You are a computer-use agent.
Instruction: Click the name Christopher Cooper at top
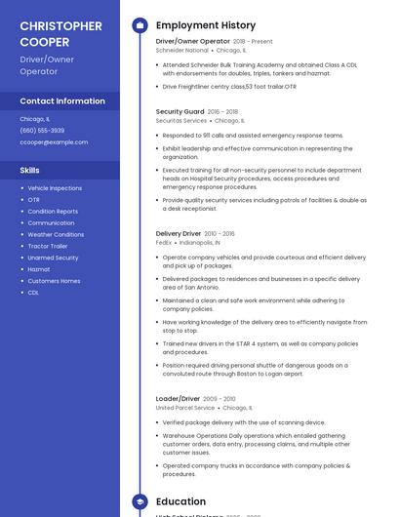[x=60, y=33]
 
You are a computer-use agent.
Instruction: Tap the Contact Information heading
[x=62, y=100]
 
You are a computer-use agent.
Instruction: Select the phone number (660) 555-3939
[x=42, y=130]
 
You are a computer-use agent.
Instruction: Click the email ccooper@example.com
[x=54, y=141]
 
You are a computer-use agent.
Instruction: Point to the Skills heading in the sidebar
[x=30, y=170]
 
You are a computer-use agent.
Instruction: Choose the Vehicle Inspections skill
[x=55, y=187]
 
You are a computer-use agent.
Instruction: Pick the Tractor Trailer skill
[x=49, y=246]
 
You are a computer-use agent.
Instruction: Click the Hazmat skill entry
[x=39, y=269]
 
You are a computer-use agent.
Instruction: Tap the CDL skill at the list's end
[x=33, y=293]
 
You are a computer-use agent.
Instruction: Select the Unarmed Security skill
[x=53, y=258]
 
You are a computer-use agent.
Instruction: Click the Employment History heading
[x=206, y=25]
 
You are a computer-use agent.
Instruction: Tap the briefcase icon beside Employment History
[x=139, y=25]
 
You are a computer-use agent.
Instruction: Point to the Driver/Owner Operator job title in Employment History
[x=192, y=42]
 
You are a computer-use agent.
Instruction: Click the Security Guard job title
[x=180, y=112]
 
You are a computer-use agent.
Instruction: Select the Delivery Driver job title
[x=179, y=234]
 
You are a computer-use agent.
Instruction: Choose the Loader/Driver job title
[x=178, y=399]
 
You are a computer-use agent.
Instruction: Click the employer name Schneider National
[x=182, y=50]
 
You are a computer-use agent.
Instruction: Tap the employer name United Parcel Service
[x=185, y=408]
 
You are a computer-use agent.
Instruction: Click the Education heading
[x=180, y=501]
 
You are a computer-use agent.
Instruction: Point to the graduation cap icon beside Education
[x=139, y=501]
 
